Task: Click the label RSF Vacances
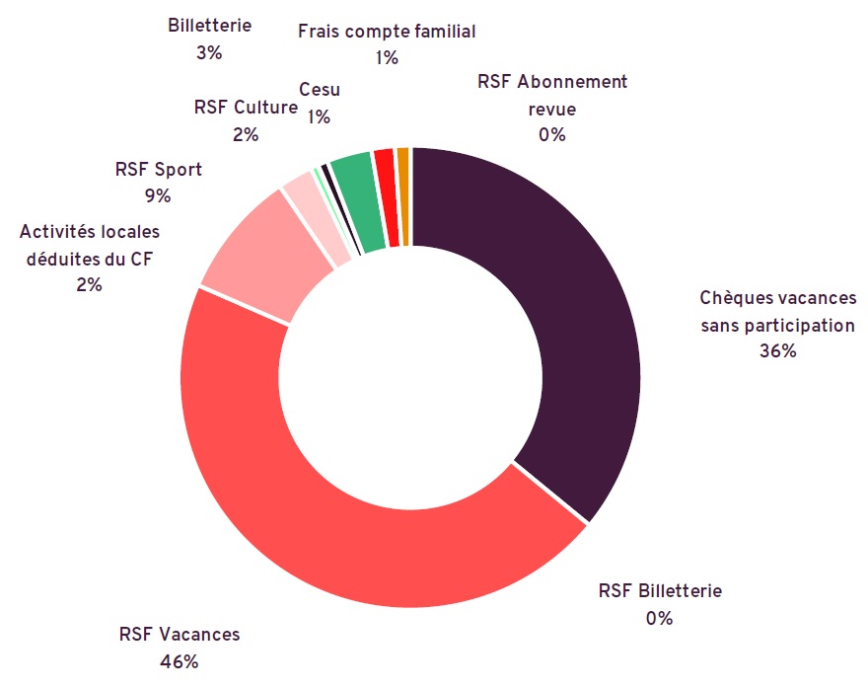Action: pyautogui.click(x=180, y=635)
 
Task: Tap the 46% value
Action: pyautogui.click(x=180, y=661)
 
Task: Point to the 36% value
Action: pyautogui.click(x=777, y=351)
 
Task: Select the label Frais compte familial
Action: pyautogui.click(x=387, y=32)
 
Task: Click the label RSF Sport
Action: pyautogui.click(x=158, y=169)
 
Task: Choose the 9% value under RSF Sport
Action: pyautogui.click(x=158, y=195)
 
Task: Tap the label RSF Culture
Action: pyautogui.click(x=246, y=108)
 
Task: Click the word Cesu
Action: pyautogui.click(x=319, y=91)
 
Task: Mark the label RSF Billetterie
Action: pyautogui.click(x=660, y=591)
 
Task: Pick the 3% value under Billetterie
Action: pyautogui.click(x=209, y=53)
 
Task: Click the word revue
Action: pyautogui.click(x=552, y=109)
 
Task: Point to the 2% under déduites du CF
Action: pyautogui.click(x=89, y=284)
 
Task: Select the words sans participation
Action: pyautogui.click(x=777, y=325)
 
